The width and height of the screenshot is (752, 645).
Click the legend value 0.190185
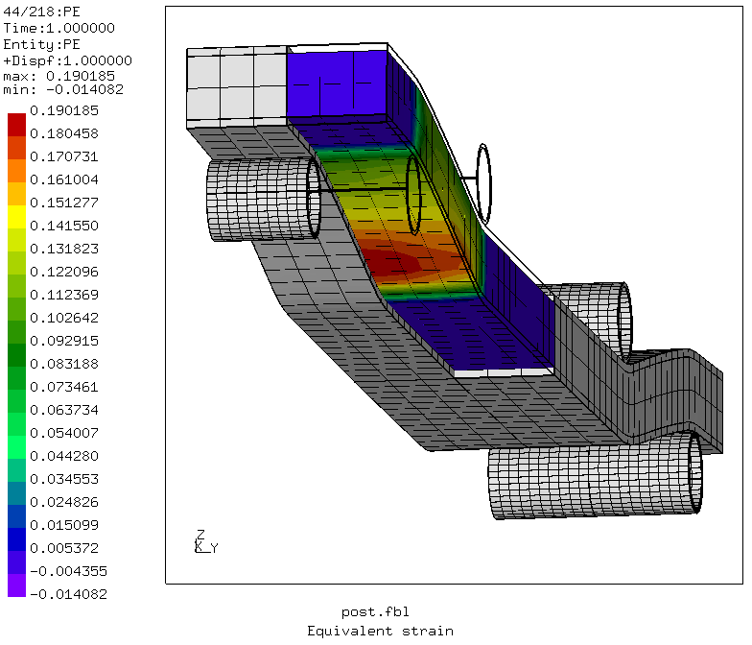coord(63,111)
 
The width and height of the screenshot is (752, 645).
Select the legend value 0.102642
coord(63,318)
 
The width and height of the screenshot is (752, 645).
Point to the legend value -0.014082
coord(68,594)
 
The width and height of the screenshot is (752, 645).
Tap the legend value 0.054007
coord(63,433)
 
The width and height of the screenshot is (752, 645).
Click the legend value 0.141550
coord(63,226)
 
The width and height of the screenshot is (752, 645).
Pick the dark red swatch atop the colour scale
coord(17,125)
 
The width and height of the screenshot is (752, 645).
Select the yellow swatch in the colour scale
coord(17,217)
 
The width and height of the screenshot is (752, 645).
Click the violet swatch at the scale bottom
coord(17,585)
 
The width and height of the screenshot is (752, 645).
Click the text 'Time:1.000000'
coord(59,29)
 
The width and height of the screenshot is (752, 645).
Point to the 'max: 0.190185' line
coord(59,76)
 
